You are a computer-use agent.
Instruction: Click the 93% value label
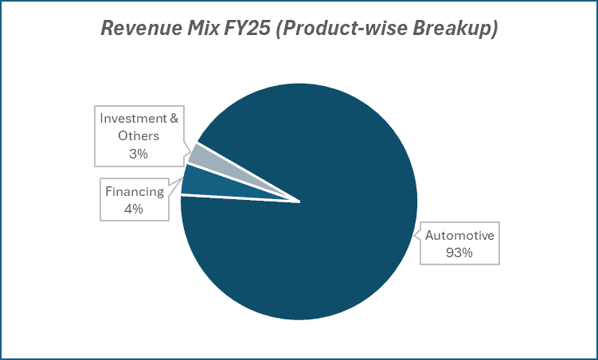(459, 252)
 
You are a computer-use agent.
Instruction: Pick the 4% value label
(134, 209)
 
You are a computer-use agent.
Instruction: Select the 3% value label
(139, 154)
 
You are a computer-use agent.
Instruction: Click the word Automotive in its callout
(459, 236)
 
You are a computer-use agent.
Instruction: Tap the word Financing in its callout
(134, 191)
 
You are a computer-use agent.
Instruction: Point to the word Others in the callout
(139, 136)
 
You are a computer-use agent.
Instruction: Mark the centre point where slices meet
(299, 201)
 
